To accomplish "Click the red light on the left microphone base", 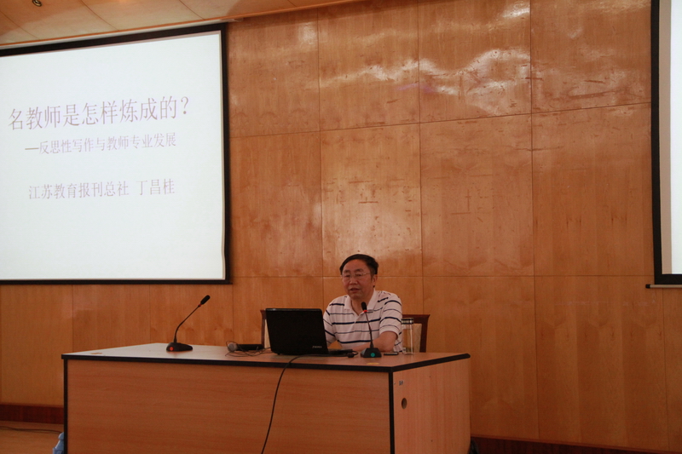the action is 173,348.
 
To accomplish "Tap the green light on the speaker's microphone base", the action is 373,354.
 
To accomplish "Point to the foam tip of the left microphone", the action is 205,300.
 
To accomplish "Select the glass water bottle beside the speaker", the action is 408,336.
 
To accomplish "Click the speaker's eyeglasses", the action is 355,276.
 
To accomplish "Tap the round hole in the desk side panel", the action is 404,403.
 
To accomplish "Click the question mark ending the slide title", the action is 184,107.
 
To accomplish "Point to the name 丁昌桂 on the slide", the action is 156,188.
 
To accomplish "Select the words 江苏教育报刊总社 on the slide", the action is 78,191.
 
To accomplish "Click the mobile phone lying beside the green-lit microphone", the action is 390,353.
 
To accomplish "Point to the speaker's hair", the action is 359,263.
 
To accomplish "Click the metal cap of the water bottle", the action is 408,319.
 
